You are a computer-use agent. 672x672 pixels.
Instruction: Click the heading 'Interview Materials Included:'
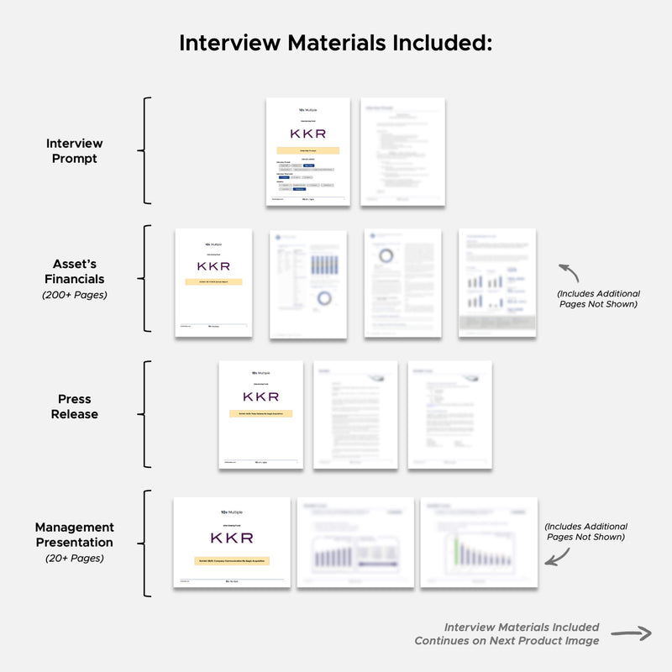click(335, 43)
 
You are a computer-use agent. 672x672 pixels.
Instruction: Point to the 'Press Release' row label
click(74, 407)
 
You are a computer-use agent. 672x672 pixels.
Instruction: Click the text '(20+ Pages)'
click(74, 557)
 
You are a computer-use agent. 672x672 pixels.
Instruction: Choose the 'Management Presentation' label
click(74, 534)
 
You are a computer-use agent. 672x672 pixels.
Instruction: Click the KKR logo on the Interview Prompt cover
click(307, 134)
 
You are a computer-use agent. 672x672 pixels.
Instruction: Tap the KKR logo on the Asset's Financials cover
click(213, 265)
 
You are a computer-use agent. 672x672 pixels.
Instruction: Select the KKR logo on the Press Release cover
click(260, 396)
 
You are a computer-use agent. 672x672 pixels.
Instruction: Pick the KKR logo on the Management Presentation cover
click(231, 538)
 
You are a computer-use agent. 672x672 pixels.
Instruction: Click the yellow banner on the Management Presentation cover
click(231, 560)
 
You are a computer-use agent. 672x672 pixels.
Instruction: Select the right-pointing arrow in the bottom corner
click(631, 634)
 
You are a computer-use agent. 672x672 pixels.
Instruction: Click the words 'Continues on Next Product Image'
click(507, 641)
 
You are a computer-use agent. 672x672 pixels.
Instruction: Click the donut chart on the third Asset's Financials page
click(386, 255)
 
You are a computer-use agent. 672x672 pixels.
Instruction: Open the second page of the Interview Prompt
click(402, 152)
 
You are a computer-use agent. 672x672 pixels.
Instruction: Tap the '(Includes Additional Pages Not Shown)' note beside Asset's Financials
click(598, 299)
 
